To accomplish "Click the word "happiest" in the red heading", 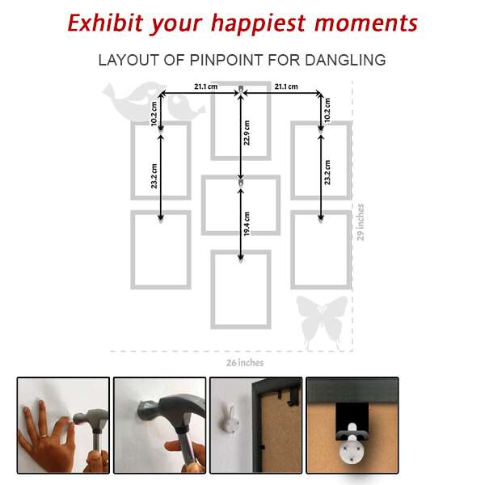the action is click(259, 24).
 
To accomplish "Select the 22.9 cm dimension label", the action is click(247, 133).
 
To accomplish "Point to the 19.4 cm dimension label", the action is click(247, 224).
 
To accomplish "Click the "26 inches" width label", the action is click(245, 363).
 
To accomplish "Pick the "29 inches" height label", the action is click(361, 222).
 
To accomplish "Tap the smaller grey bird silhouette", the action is click(185, 107).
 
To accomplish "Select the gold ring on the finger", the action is click(44, 436).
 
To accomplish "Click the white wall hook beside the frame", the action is click(230, 421).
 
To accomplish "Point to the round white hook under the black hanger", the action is click(352, 449).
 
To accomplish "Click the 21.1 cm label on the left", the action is click(205, 86).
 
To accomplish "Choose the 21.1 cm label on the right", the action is click(286, 86).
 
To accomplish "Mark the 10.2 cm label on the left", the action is click(154, 114).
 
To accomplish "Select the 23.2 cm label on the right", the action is click(327, 172).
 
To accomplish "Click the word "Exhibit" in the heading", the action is click(105, 23).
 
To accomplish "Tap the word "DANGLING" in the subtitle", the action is click(345, 60).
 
